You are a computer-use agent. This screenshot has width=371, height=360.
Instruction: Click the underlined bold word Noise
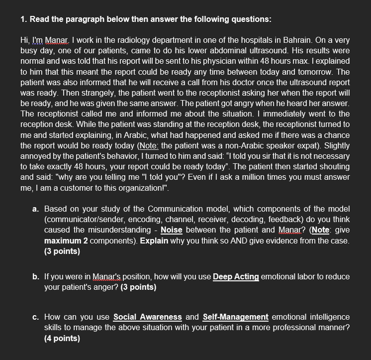(x=171, y=230)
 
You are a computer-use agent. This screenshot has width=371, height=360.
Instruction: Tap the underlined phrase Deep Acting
(x=236, y=277)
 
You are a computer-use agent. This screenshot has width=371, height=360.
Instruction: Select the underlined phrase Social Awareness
(x=147, y=317)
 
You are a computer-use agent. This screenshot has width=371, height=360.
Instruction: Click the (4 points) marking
(x=62, y=338)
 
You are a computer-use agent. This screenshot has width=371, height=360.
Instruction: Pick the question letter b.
(x=35, y=277)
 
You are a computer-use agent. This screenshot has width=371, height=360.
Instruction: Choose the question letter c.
(x=35, y=317)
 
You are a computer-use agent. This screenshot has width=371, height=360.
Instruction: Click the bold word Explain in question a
(x=154, y=240)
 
